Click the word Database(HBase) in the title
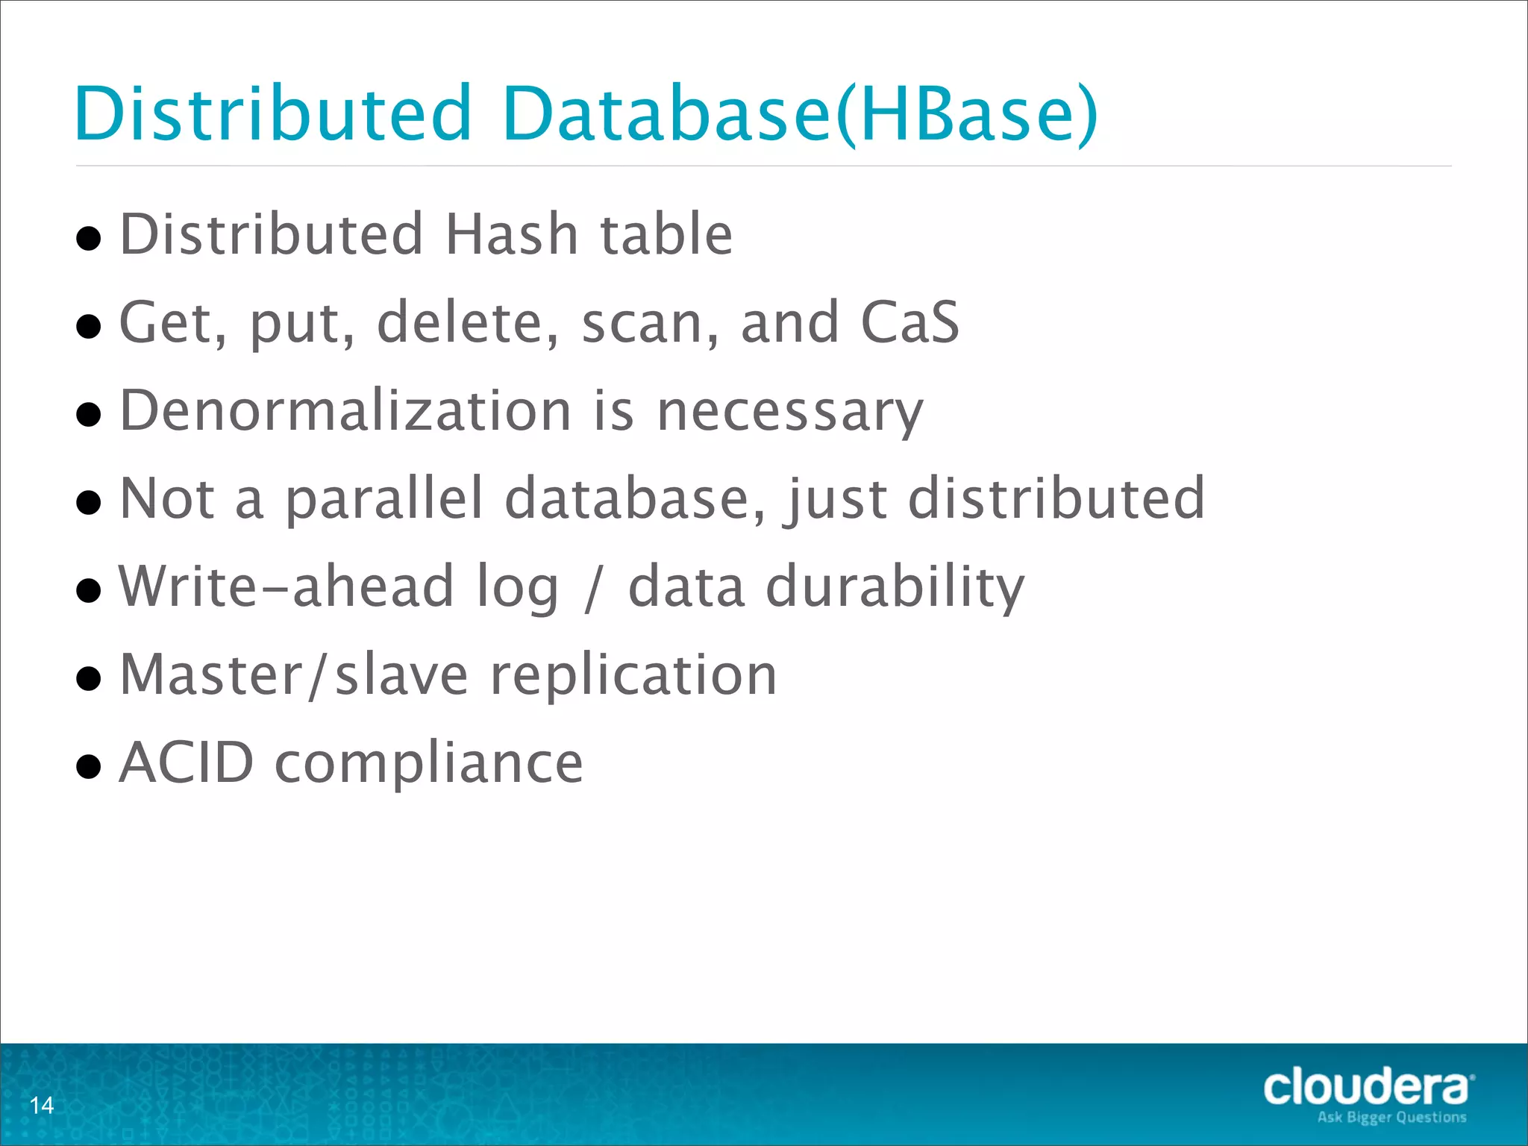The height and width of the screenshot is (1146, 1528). click(800, 113)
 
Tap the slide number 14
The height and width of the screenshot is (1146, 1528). click(42, 1105)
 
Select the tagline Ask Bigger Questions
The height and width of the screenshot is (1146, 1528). click(1391, 1118)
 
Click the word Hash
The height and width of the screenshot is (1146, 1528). click(512, 234)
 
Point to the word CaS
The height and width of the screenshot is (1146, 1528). click(909, 322)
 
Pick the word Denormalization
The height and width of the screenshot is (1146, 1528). click(345, 410)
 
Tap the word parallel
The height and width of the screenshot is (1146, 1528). click(385, 498)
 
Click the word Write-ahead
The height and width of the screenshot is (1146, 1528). click(286, 586)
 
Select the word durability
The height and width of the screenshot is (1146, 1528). click(895, 586)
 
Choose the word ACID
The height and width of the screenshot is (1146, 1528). click(187, 763)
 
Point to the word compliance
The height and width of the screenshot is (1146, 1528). click(429, 764)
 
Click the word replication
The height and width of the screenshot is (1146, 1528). click(633, 674)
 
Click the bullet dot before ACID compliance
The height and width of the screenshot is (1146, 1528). click(89, 766)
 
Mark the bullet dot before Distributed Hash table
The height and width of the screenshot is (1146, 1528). click(89, 238)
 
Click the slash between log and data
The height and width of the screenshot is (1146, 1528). click(593, 588)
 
